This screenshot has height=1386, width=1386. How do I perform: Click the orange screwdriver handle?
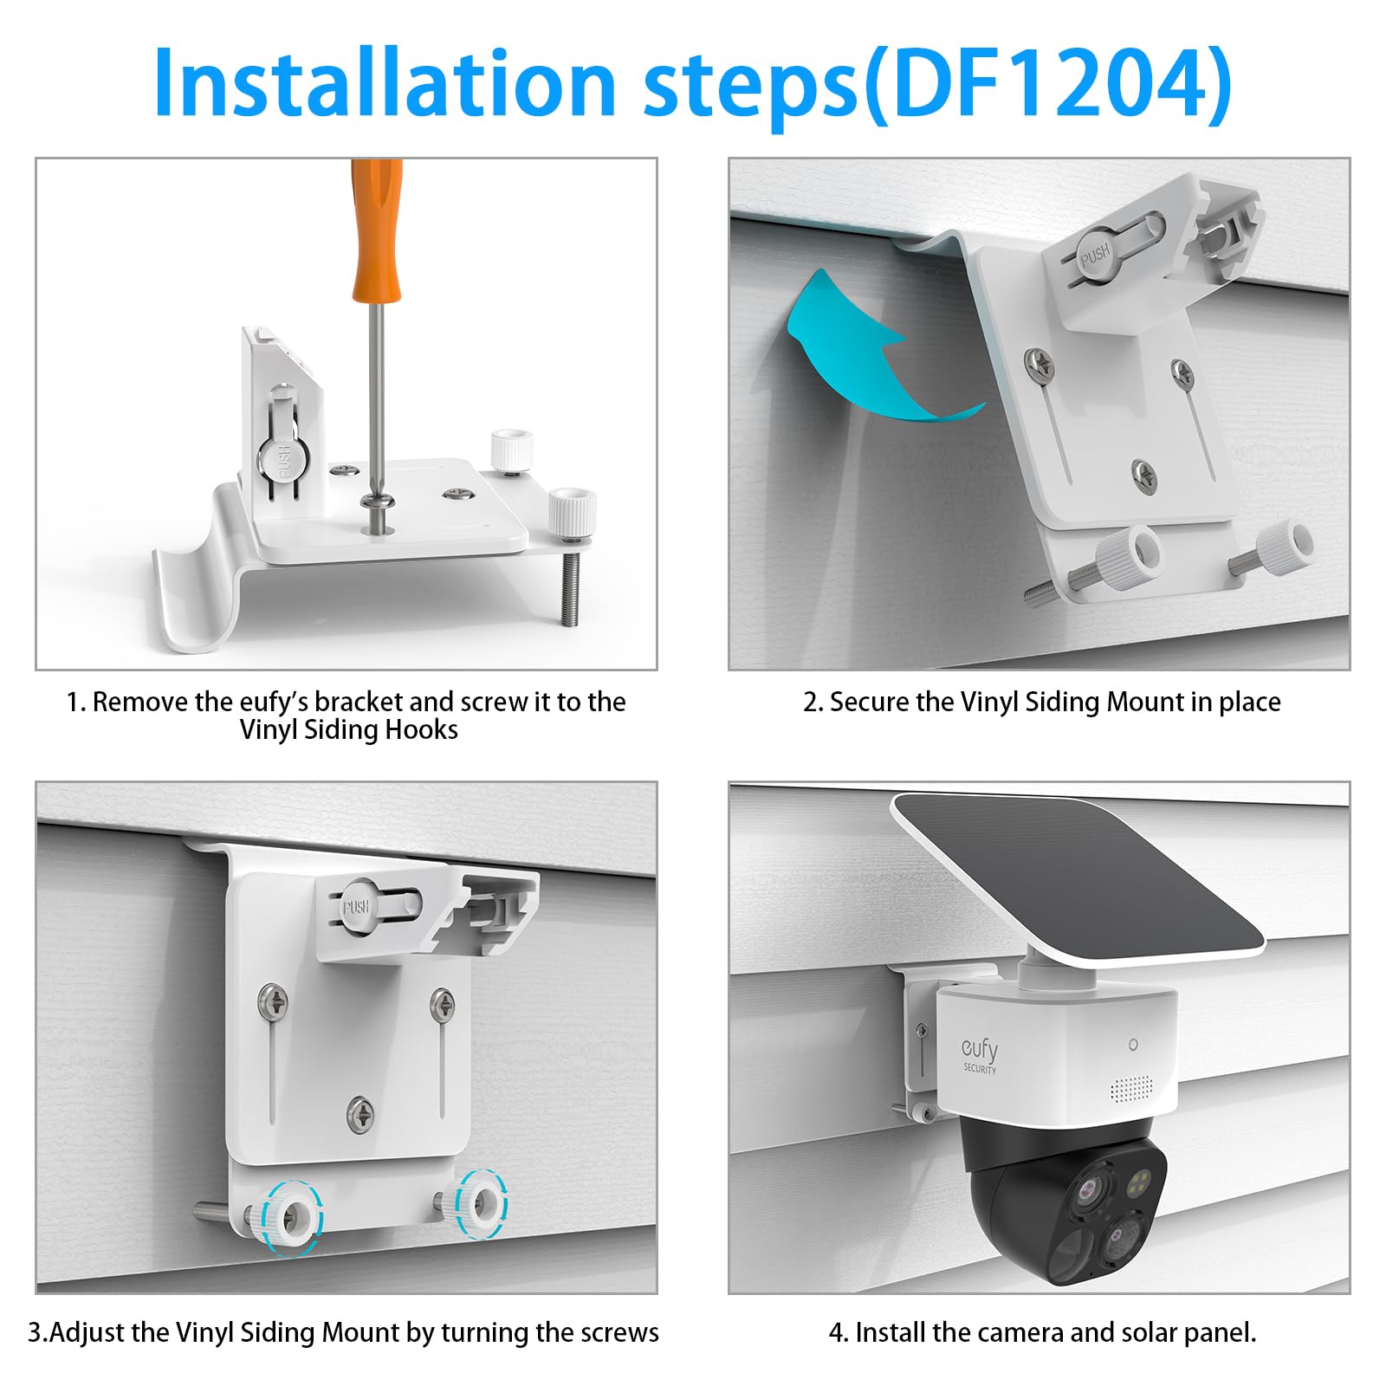click(377, 230)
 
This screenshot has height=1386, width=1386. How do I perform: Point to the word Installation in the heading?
click(385, 82)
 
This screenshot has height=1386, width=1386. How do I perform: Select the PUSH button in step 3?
click(356, 906)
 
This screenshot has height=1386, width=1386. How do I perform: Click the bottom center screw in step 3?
click(360, 1111)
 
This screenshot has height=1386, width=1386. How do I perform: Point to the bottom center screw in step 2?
click(1145, 473)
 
